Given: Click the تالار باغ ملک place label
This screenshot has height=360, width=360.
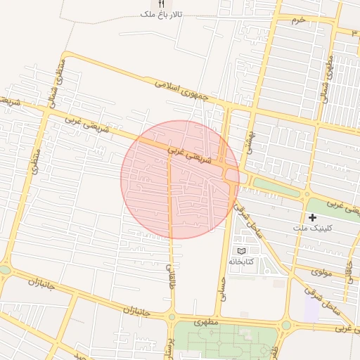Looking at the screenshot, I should pos(161,13).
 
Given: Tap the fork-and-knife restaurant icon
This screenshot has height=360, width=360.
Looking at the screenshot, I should pos(162,4).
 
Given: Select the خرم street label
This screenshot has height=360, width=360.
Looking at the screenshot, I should pos(300,20).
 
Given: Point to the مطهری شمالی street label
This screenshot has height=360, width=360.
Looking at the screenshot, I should pos(327,80).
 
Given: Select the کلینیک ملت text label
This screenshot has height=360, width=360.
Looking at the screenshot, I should pos(314,229).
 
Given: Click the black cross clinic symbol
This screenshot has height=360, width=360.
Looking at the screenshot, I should pos(313,218).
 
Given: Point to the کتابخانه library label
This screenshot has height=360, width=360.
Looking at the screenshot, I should pos(240,261).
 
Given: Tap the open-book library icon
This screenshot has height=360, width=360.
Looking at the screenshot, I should pos(242,251).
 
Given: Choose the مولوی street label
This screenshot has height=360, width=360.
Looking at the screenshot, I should pos(321,271).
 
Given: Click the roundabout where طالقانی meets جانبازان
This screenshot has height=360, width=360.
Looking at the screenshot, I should pos(171,317).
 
